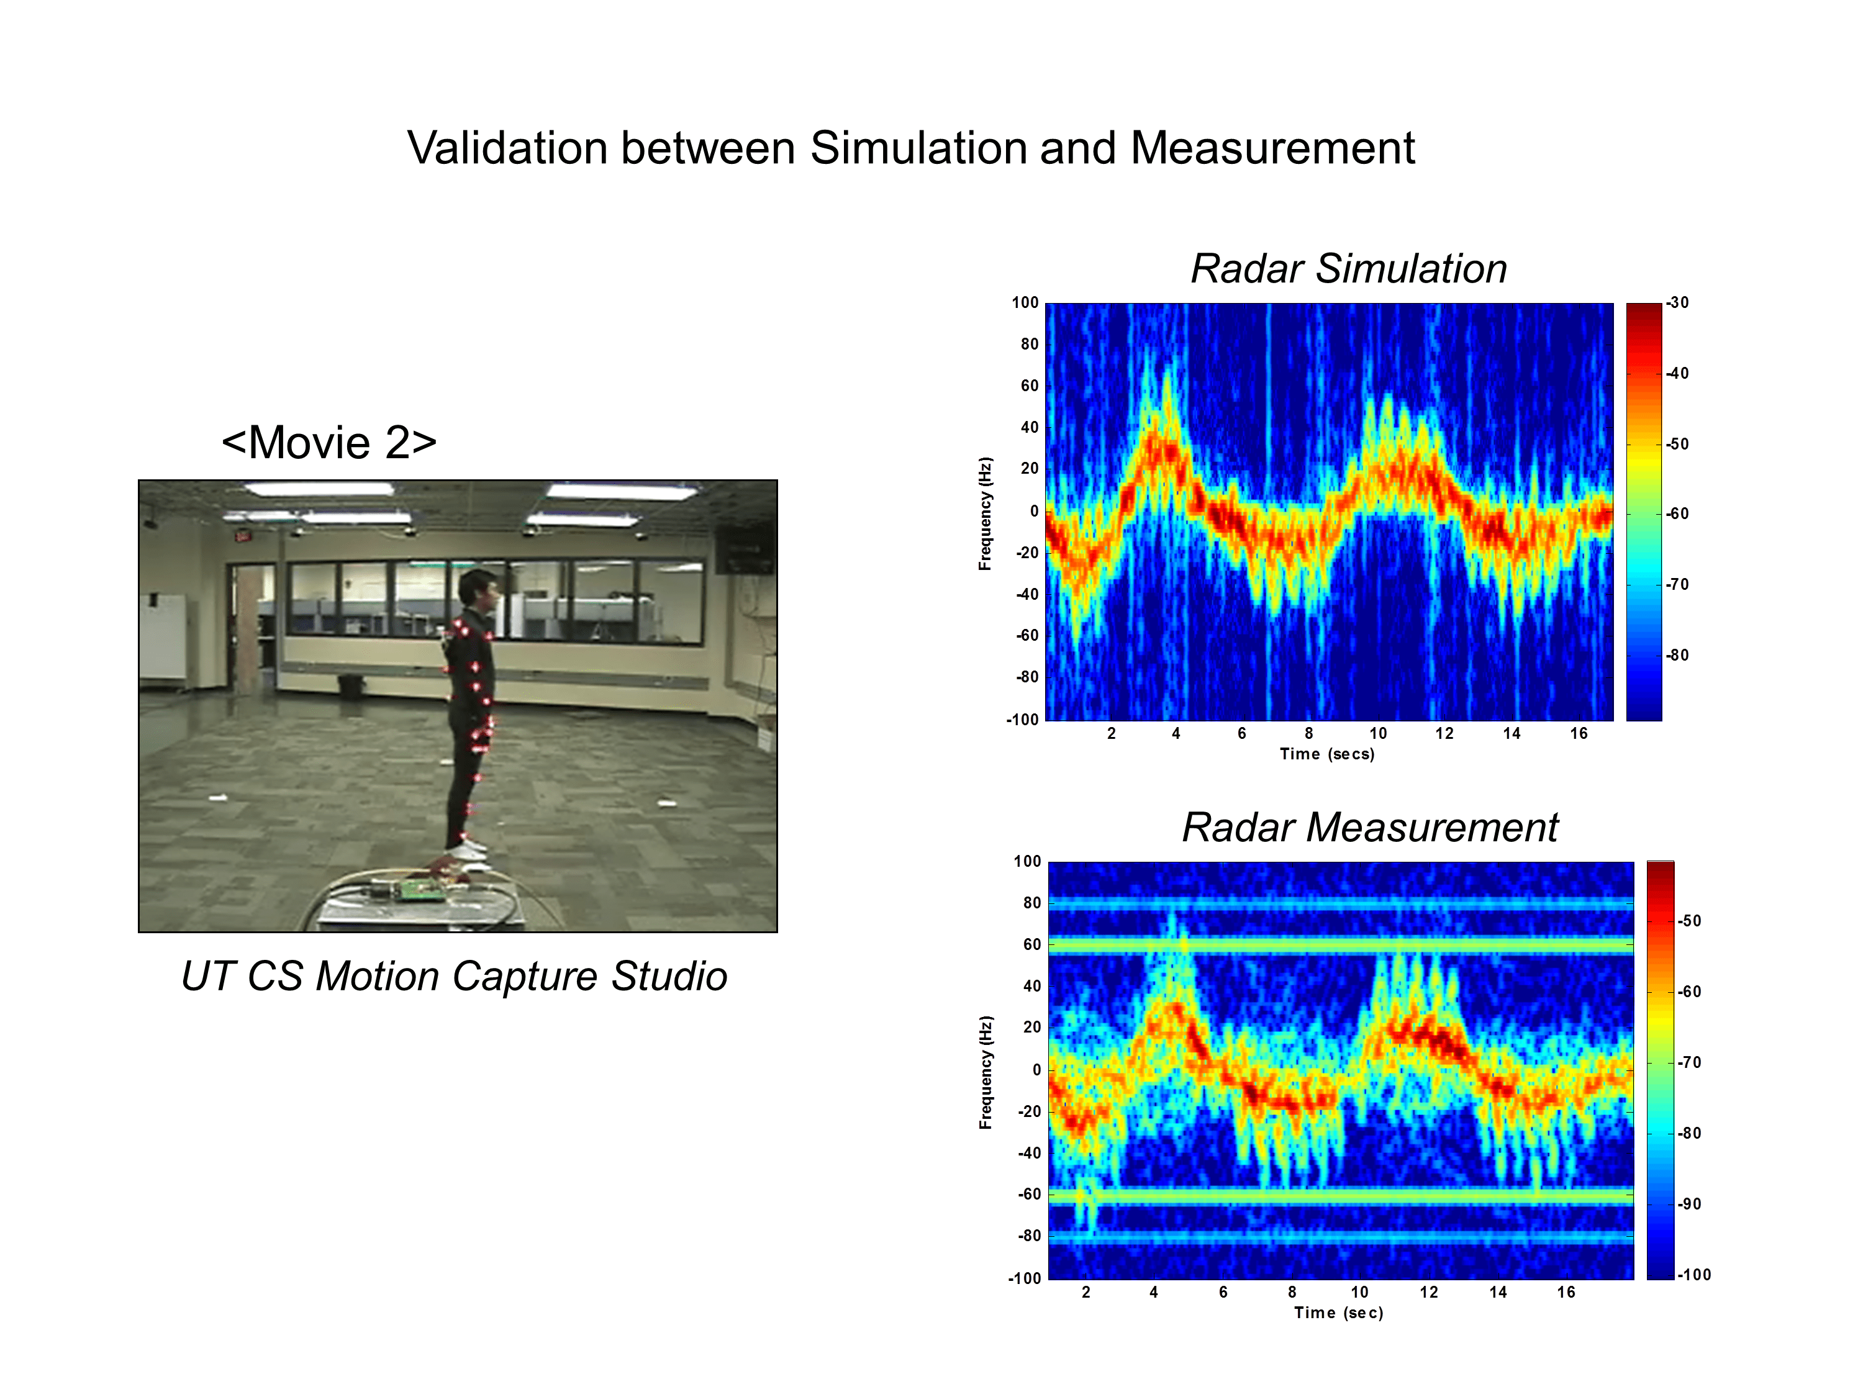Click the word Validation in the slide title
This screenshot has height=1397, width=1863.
[x=507, y=148]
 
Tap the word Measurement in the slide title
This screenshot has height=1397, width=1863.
[x=1272, y=148]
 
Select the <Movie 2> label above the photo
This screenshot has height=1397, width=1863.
[x=329, y=442]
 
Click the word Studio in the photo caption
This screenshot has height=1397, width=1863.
[x=669, y=976]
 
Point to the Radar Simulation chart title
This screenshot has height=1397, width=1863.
[x=1348, y=269]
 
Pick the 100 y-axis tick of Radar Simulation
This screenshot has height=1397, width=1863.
[x=1025, y=303]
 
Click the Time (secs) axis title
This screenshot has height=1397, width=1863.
[x=1326, y=754]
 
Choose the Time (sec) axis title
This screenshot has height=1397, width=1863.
[x=1338, y=1313]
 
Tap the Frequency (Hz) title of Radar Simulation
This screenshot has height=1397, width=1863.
[x=986, y=513]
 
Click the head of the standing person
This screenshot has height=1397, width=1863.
[x=481, y=589]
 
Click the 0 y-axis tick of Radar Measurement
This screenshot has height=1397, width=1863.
[x=1036, y=1070]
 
